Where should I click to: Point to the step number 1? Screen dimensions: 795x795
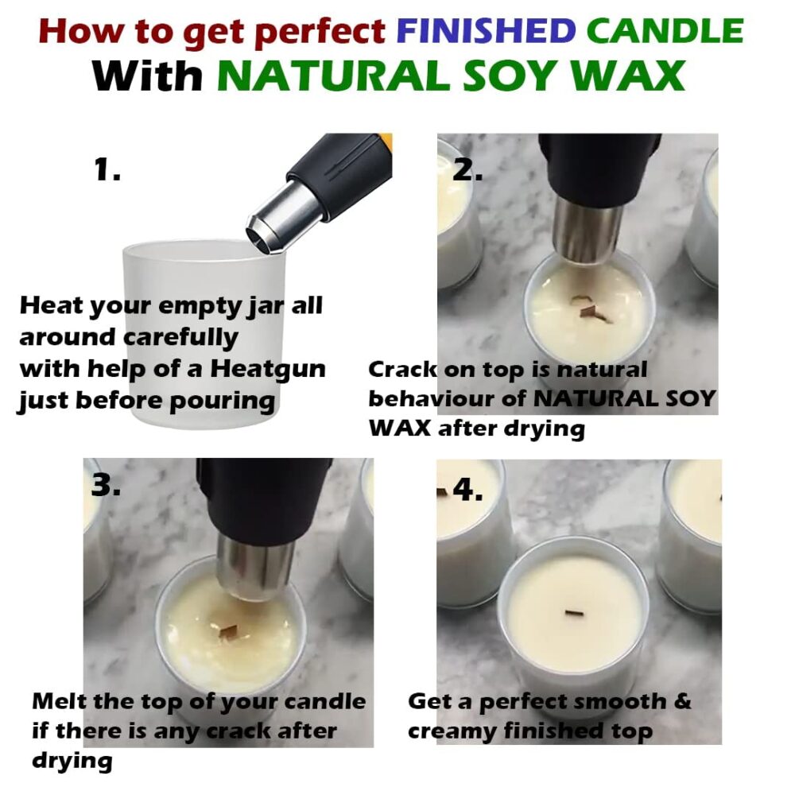point(107,169)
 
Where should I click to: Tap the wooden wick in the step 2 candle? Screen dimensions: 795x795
point(591,309)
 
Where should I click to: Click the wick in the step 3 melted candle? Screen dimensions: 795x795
point(227,631)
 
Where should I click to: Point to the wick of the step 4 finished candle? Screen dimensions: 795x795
point(575,615)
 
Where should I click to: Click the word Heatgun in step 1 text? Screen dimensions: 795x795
point(268,370)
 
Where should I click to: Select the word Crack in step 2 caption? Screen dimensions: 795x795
point(402,369)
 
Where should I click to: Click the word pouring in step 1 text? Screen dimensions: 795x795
point(222,401)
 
